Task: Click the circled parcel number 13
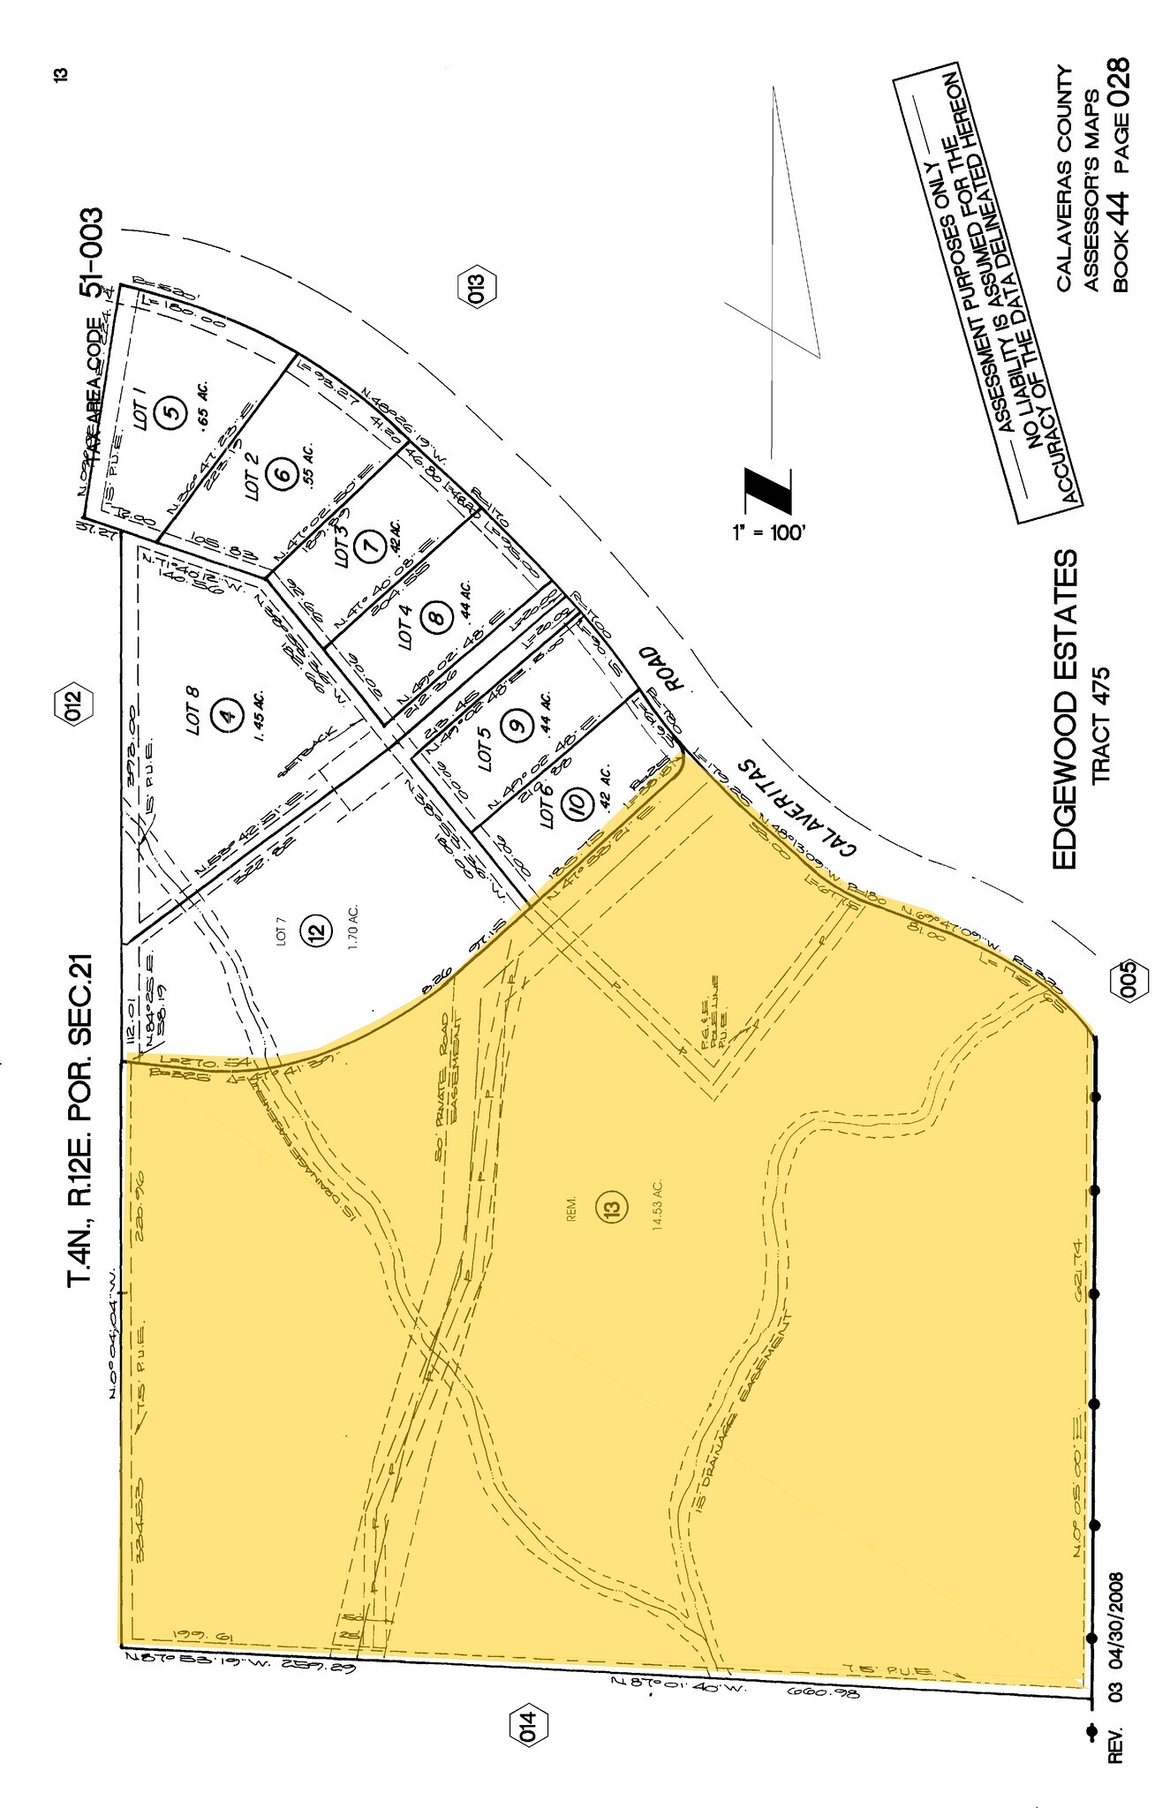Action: click(x=615, y=1206)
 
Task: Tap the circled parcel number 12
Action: click(x=318, y=930)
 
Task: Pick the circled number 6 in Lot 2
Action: click(x=283, y=473)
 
